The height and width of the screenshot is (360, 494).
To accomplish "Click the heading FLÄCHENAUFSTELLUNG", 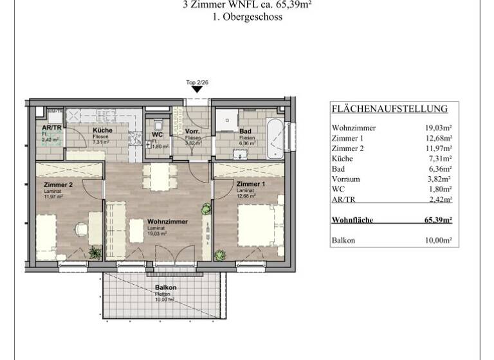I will click(x=389, y=109).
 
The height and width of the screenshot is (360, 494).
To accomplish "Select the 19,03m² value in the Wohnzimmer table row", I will click(x=438, y=128).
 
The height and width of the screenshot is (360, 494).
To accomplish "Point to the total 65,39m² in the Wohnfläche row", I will click(x=437, y=220).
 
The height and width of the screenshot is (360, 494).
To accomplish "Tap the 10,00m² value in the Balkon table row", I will click(x=438, y=240).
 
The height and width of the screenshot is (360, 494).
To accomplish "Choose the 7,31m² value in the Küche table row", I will click(x=440, y=158).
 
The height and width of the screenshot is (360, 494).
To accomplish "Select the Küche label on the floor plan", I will click(x=102, y=130).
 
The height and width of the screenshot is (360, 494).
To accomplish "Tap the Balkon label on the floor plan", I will click(x=165, y=288).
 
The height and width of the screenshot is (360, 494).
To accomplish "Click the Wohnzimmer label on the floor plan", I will click(x=167, y=222).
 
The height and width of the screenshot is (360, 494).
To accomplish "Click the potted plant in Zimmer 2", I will click(x=95, y=253).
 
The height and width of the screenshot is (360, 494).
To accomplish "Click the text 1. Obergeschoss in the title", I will click(x=248, y=17).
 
